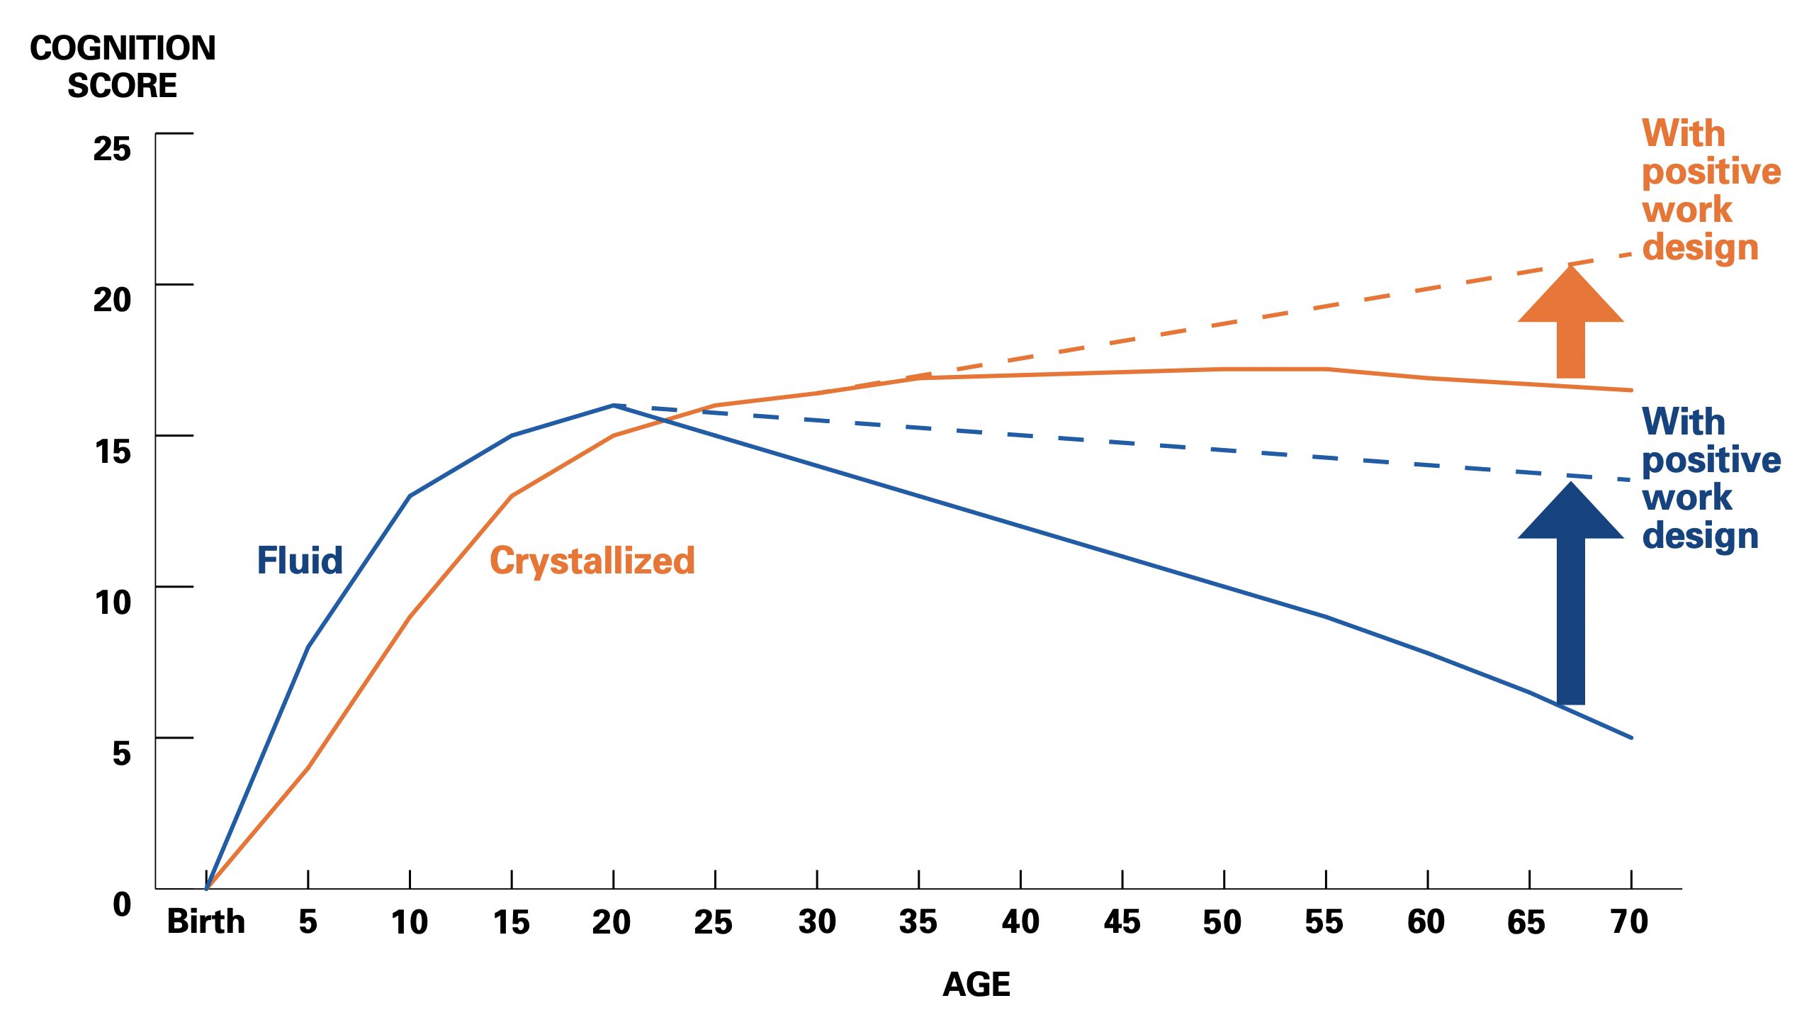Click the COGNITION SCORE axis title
click(x=122, y=67)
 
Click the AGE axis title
click(x=976, y=985)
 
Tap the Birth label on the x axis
click(x=205, y=922)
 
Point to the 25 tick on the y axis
click(x=112, y=149)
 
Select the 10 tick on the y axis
click(x=112, y=603)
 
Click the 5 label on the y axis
click(x=121, y=753)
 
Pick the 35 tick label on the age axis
click(x=918, y=922)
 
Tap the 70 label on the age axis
click(x=1629, y=922)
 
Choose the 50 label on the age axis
click(x=1222, y=922)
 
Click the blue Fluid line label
click(x=300, y=560)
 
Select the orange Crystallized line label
click(x=592, y=561)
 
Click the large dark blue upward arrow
click(x=1570, y=595)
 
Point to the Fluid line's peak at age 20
click(x=614, y=405)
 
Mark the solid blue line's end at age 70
click(x=1631, y=738)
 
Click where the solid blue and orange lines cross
click(x=664, y=420)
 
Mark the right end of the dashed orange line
click(x=1630, y=254)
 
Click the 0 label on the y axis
click(x=122, y=904)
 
